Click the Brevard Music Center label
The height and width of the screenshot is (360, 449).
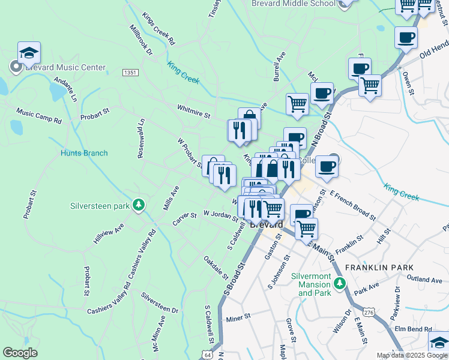65,68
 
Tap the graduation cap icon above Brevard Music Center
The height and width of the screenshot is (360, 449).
29,53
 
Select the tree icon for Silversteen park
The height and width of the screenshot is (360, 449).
139,205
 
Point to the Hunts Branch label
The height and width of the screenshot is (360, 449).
84,153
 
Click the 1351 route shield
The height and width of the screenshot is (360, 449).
130,73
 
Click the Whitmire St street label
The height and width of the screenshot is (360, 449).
193,111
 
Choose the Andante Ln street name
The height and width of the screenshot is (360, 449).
66,88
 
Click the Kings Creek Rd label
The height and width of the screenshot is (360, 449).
158,29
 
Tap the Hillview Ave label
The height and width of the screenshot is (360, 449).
108,233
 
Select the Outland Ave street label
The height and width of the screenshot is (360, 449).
424,279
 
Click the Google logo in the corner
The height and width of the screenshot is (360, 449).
20,353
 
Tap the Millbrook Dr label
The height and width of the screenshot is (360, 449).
141,40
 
